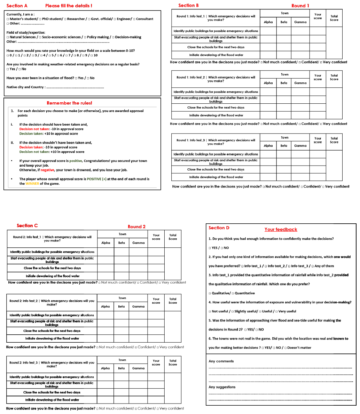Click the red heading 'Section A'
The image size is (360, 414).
point(17,6)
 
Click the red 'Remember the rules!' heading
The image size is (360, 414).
point(69,103)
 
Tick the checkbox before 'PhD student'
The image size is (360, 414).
point(40,19)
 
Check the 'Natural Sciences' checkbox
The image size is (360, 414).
point(8,37)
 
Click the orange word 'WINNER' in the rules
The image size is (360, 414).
point(32,184)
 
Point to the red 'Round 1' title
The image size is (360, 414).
point(300,6)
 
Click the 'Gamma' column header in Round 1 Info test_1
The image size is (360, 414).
point(300,22)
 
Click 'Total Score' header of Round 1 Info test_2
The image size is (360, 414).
point(334,77)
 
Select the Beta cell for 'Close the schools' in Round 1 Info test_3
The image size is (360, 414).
point(284,169)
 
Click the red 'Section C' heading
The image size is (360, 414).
point(27,226)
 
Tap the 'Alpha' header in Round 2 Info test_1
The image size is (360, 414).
point(105,243)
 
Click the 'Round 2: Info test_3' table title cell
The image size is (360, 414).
point(52,364)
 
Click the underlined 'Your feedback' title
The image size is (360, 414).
point(281,230)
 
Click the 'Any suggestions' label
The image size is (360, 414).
point(222,387)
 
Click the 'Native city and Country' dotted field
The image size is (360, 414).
point(75,87)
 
